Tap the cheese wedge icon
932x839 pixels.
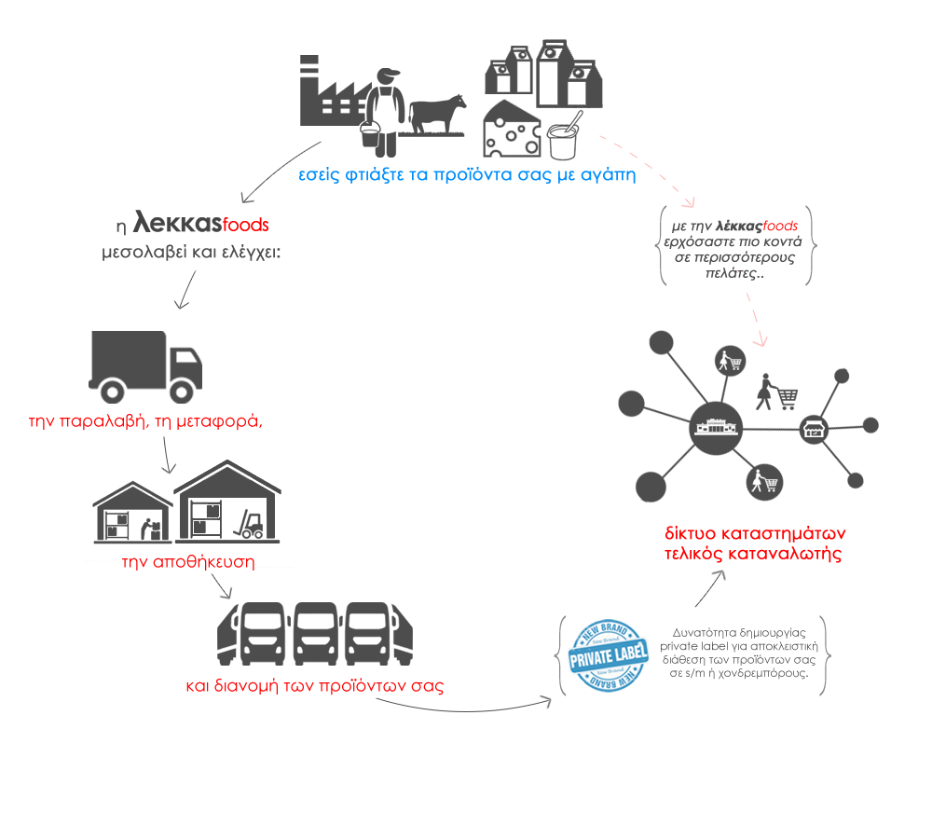coord(512,129)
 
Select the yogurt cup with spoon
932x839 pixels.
coord(564,137)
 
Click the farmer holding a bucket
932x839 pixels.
coord(383,113)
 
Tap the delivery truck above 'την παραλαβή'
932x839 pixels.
coord(145,366)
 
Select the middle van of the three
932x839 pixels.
coord(316,634)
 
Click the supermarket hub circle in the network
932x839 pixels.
coord(716,428)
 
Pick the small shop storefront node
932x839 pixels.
coord(814,429)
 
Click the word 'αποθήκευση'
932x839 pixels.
coord(204,562)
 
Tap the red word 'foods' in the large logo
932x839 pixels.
coord(245,225)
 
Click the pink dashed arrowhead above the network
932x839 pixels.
coord(761,340)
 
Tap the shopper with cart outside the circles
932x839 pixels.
coord(776,392)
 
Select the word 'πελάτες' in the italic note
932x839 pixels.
coord(731,273)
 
